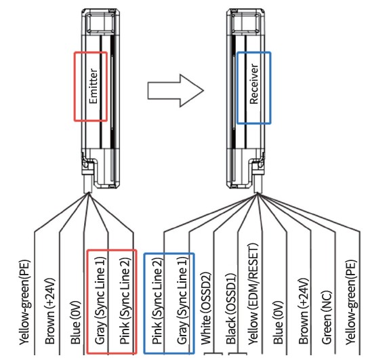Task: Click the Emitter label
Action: click(x=94, y=86)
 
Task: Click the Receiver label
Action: click(x=254, y=84)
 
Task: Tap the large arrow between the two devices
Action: click(x=176, y=91)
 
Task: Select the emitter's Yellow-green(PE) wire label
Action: click(x=25, y=302)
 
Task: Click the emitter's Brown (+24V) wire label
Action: click(x=50, y=311)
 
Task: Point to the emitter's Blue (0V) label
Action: click(x=76, y=322)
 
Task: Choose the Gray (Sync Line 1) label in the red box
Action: click(x=100, y=300)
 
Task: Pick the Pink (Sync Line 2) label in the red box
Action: click(x=125, y=300)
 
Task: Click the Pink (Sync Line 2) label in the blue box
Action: click(x=158, y=300)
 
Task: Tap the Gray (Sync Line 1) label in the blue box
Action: click(x=183, y=300)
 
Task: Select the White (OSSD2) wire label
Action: click(x=206, y=308)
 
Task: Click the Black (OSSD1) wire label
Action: click(x=231, y=308)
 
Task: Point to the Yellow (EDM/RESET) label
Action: click(x=253, y=294)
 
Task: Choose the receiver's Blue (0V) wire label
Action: click(x=279, y=322)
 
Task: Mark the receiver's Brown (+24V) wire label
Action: click(x=304, y=311)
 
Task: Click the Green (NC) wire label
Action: click(x=327, y=317)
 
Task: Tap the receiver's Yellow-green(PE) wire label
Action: click(x=351, y=302)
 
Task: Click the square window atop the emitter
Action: click(x=101, y=22)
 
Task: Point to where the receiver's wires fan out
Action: click(x=258, y=193)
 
